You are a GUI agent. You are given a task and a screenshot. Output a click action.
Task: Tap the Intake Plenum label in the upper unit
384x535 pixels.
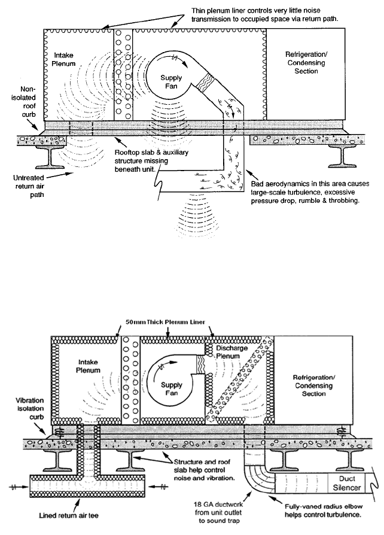pos(57,62)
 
